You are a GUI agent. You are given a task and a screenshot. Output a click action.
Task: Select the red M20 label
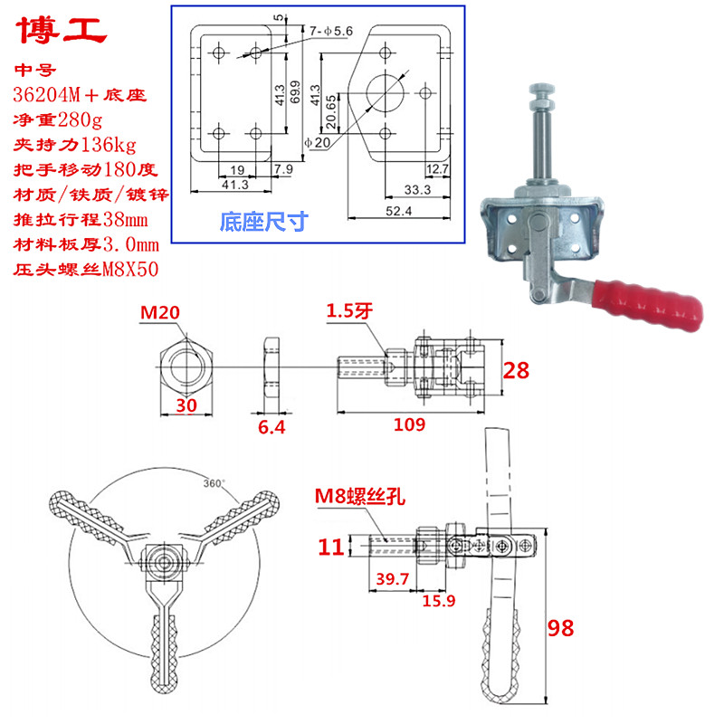(x=160, y=313)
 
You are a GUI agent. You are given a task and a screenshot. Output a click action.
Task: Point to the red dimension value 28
(x=516, y=368)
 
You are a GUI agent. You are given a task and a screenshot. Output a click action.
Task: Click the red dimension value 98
(x=561, y=628)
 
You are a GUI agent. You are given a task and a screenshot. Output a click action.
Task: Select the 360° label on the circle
(x=214, y=482)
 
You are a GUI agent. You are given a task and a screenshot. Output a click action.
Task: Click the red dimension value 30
(x=186, y=407)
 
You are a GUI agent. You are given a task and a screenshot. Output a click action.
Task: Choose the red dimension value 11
(x=330, y=547)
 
